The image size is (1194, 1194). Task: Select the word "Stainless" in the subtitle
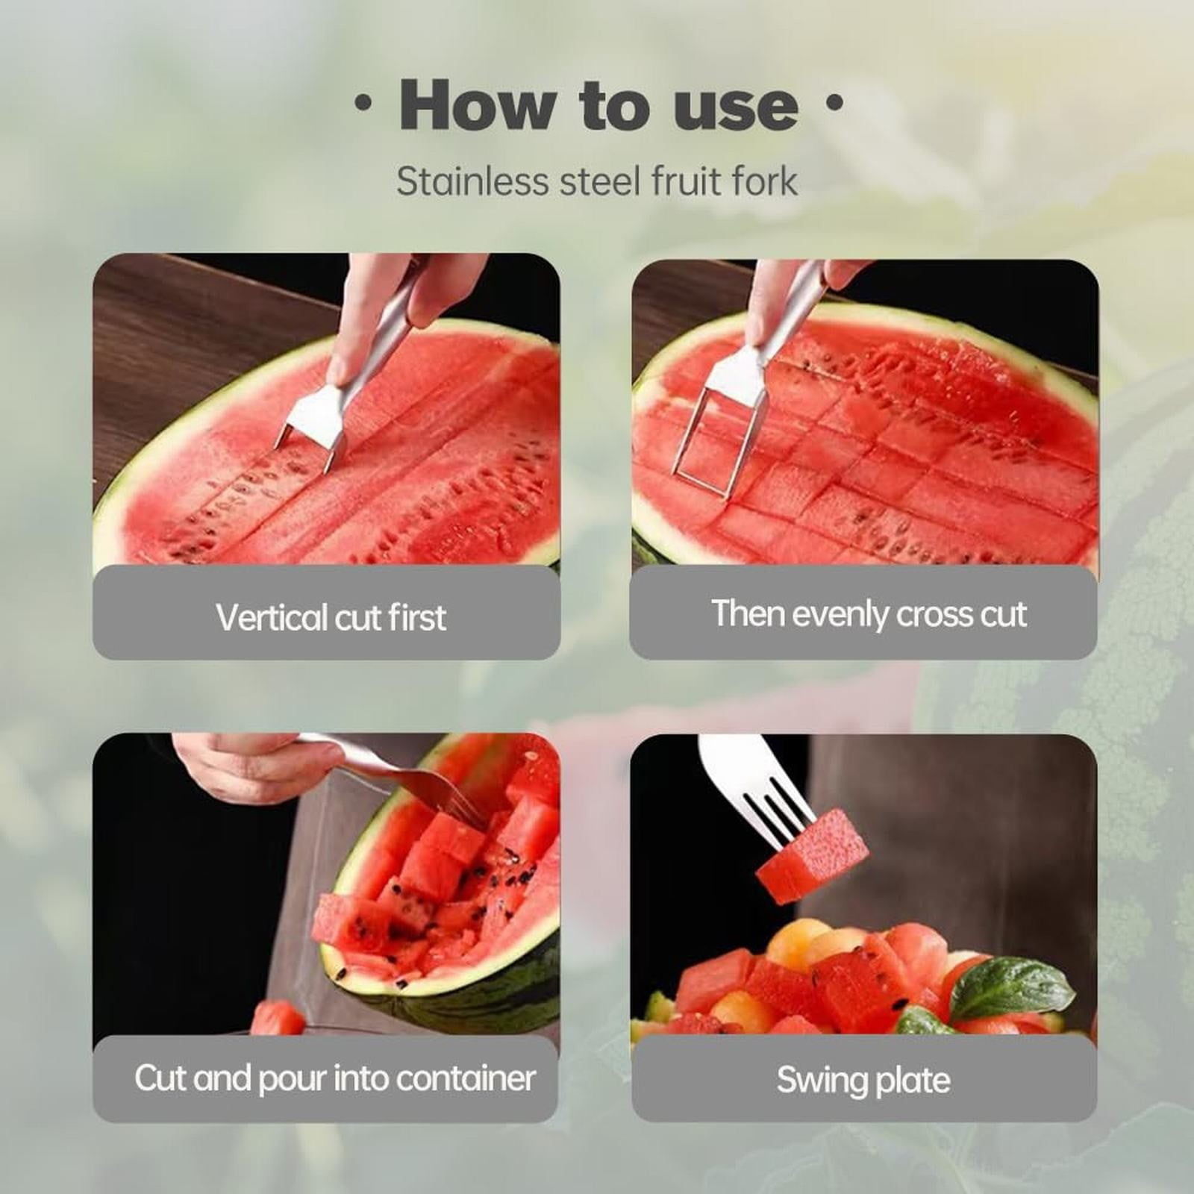coord(472,181)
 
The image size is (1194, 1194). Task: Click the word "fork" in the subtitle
coord(764,181)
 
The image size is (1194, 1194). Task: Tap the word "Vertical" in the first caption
coord(272,618)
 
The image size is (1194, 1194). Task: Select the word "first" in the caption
coord(418,618)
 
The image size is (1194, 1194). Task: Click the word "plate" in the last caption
coord(916,1081)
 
